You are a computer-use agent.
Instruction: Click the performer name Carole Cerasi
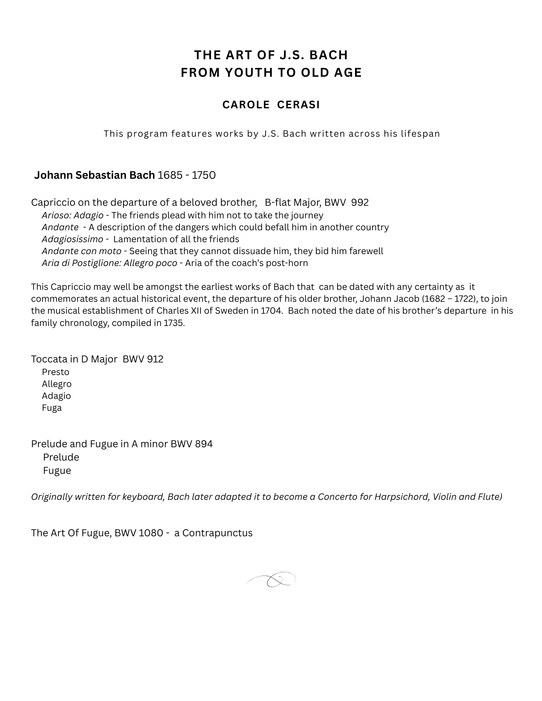tap(271, 105)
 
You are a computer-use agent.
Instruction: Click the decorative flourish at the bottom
tap(271, 580)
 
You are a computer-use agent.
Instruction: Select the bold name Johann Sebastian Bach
tap(94, 175)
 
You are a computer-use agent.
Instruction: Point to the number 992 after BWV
tap(360, 203)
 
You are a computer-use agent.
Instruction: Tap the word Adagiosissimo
tap(72, 239)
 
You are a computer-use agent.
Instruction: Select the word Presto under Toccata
tap(55, 372)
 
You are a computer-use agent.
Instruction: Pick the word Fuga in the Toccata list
tap(52, 408)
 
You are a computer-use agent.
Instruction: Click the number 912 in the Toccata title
tap(155, 359)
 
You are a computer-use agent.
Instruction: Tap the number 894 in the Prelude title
tap(204, 444)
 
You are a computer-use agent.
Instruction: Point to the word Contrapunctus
tap(217, 533)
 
